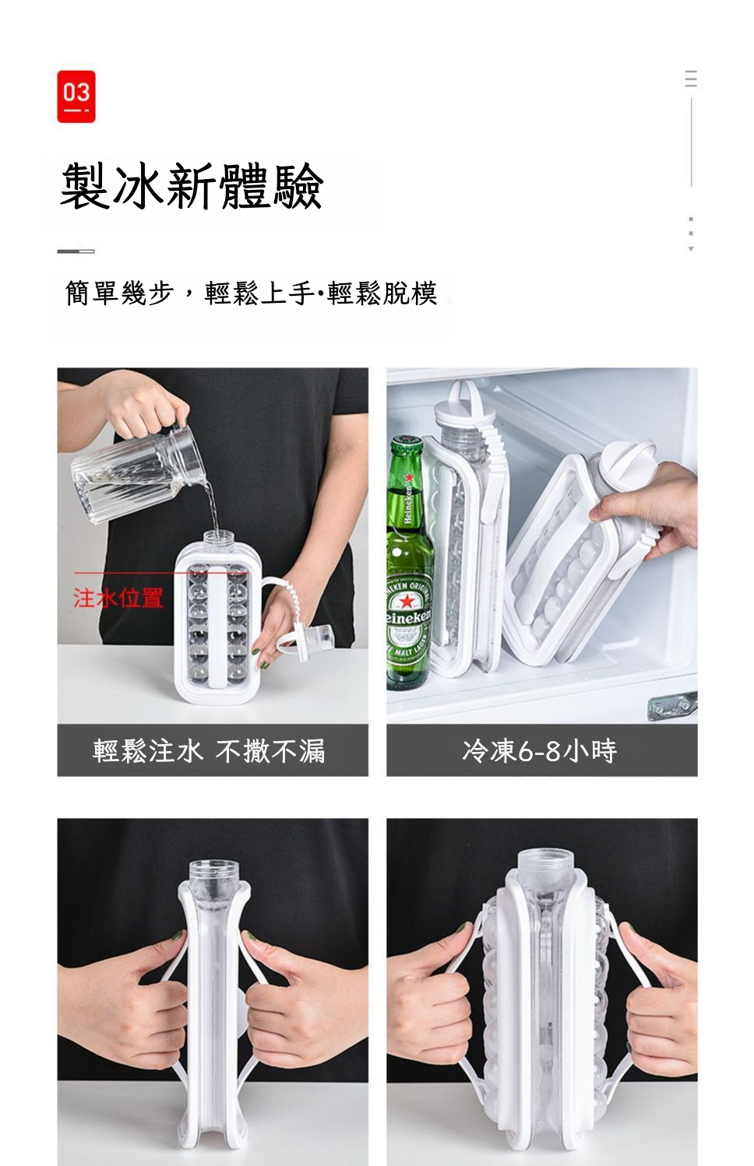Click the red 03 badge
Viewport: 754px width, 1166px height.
click(76, 97)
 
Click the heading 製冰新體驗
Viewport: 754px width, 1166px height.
click(192, 186)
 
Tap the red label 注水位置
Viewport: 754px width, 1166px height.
click(118, 598)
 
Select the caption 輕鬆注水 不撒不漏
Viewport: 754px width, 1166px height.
click(209, 750)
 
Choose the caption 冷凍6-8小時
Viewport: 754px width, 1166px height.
click(540, 750)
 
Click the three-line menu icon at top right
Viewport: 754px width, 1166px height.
click(691, 78)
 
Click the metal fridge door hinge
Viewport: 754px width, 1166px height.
click(672, 705)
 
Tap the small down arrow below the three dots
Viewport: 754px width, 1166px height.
click(691, 249)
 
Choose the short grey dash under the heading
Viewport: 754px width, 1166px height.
click(76, 251)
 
